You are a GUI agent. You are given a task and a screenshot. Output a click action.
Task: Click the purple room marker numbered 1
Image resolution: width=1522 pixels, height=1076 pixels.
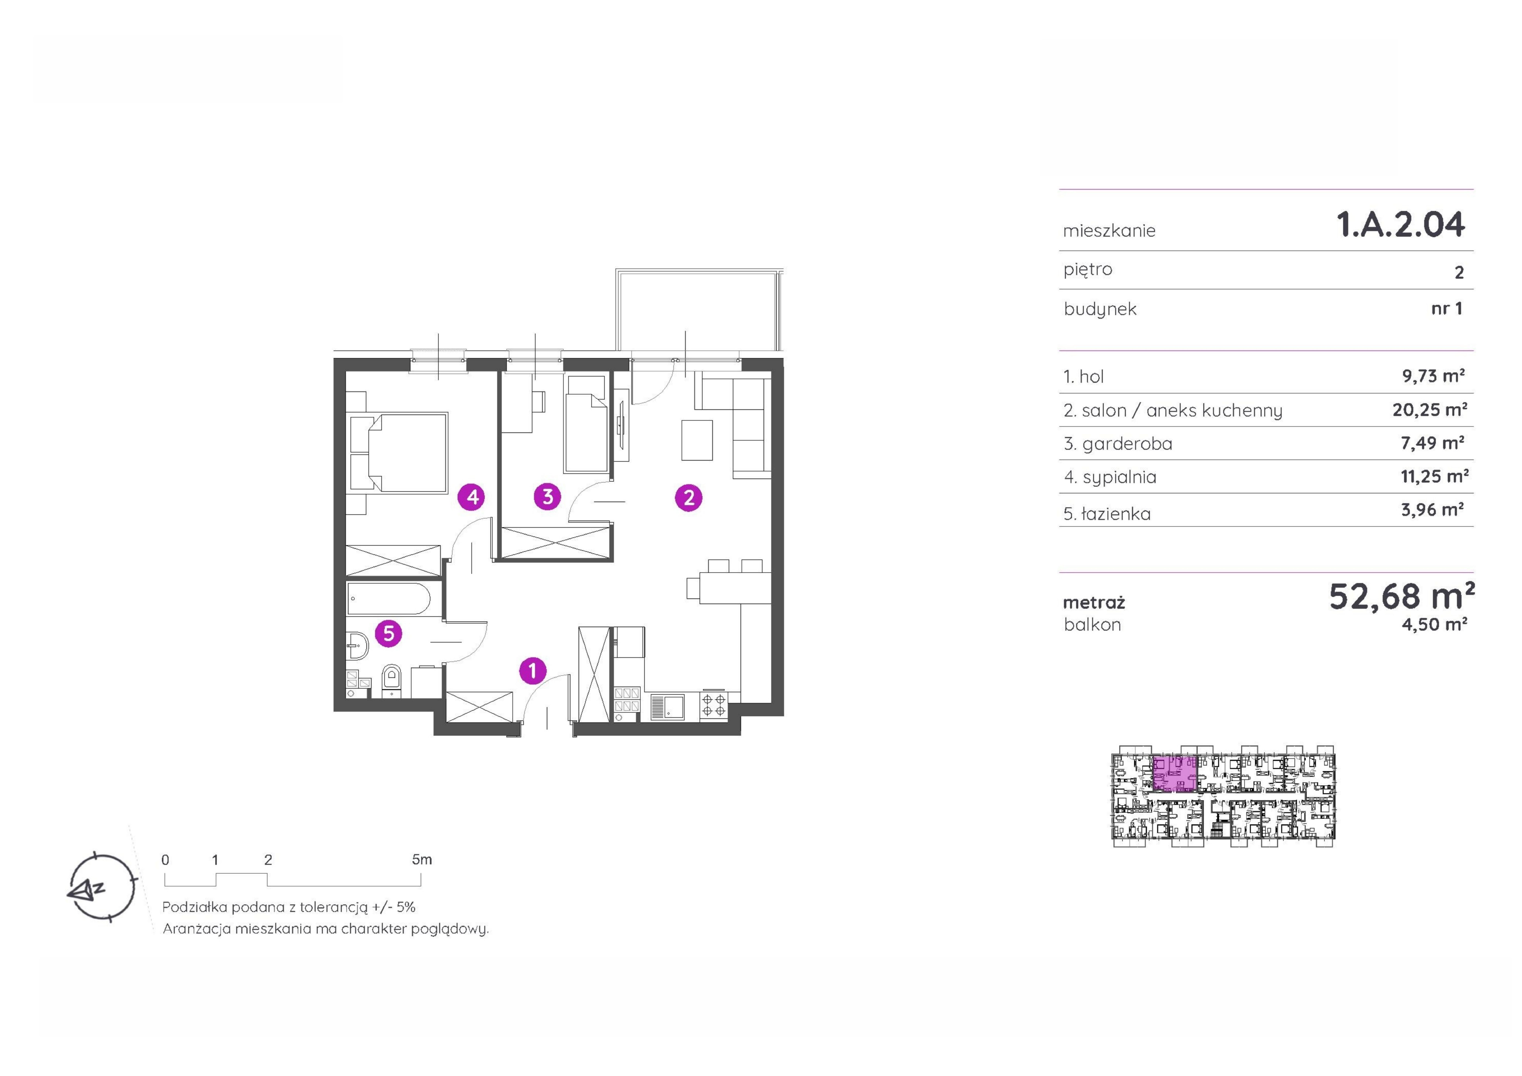[532, 671]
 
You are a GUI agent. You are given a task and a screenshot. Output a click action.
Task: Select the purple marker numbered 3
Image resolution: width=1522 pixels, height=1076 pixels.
[548, 497]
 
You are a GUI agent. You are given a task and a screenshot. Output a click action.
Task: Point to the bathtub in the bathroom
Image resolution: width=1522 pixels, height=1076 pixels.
[389, 599]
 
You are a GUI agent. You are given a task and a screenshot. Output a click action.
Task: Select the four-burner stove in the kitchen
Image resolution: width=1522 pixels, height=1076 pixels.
[713, 705]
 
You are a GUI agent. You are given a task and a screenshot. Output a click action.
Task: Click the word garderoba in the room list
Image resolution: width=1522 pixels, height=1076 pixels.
[1127, 444]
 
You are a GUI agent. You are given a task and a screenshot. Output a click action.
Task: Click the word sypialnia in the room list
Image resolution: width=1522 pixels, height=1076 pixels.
[1120, 477]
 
